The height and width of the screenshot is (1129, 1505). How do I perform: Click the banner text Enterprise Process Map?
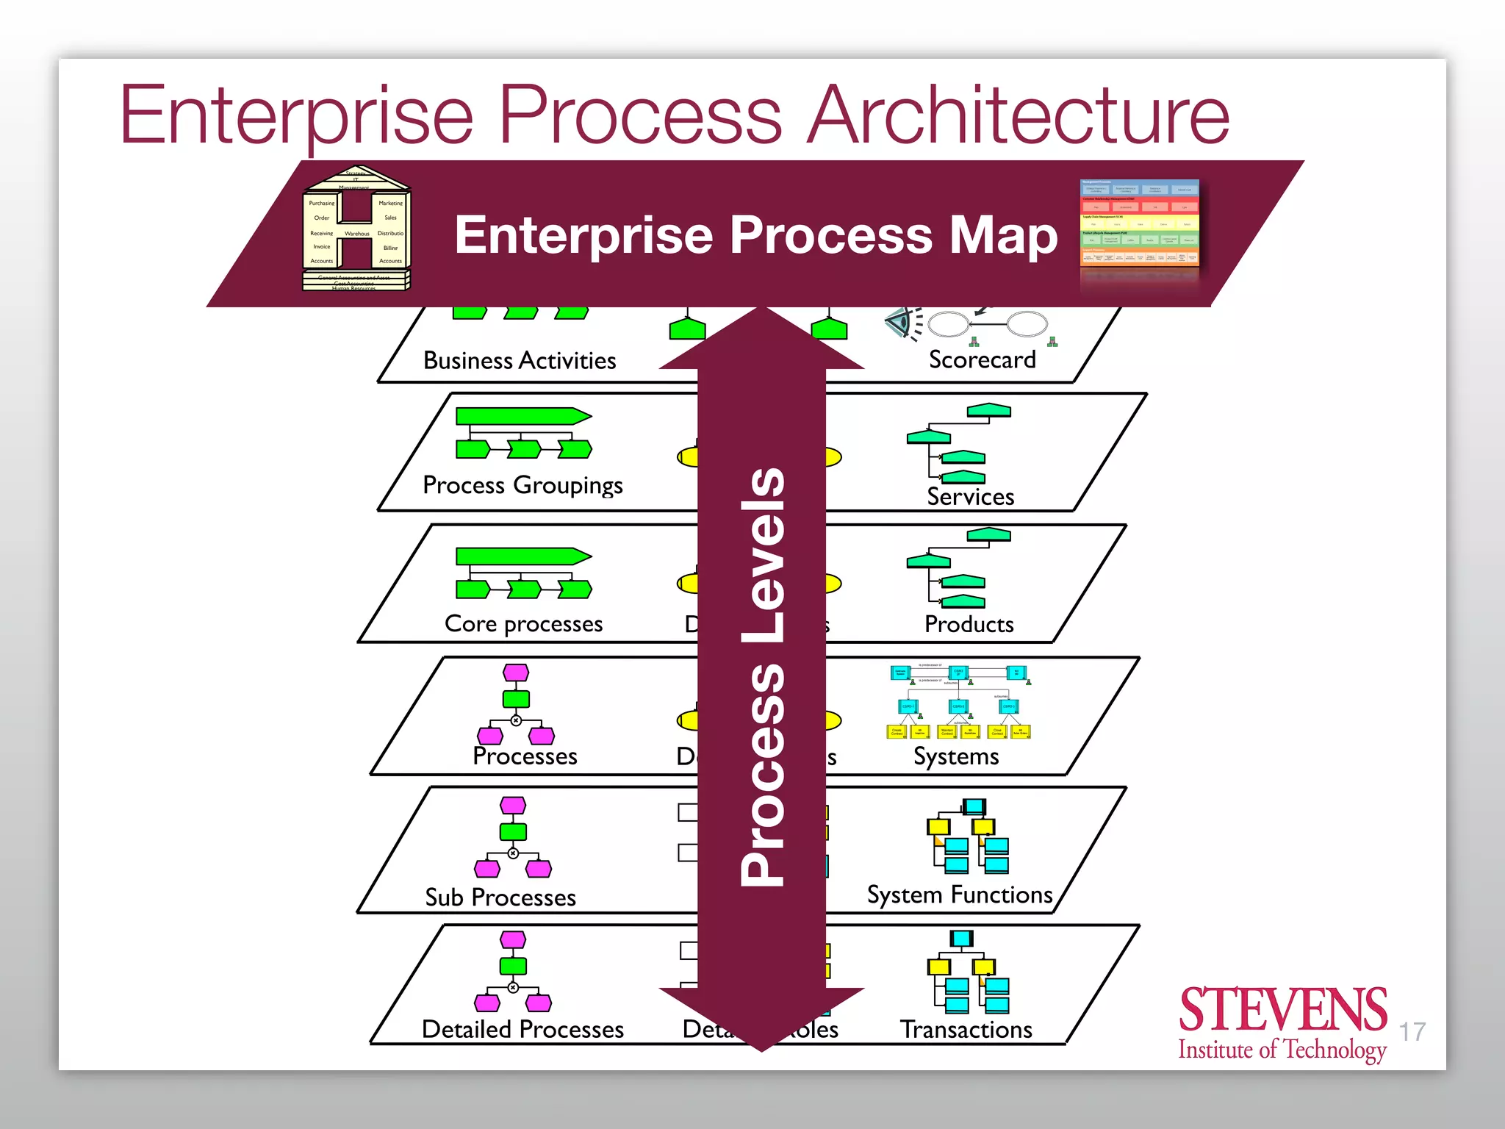(x=755, y=235)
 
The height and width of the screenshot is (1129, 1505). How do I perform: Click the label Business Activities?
(x=520, y=361)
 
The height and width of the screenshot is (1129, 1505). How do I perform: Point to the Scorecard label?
(x=982, y=360)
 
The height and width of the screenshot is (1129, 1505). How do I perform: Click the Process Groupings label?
(x=522, y=486)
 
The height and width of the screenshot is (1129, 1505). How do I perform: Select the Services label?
(x=970, y=497)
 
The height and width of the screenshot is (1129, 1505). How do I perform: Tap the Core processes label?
(x=523, y=624)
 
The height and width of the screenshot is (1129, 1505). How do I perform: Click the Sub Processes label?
(x=500, y=897)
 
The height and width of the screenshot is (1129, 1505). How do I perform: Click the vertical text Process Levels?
(x=762, y=676)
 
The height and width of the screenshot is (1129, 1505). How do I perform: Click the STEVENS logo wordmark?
(x=1282, y=1011)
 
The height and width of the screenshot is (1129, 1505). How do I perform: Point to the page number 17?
(x=1412, y=1032)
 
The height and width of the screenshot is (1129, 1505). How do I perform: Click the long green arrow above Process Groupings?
(x=522, y=416)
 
